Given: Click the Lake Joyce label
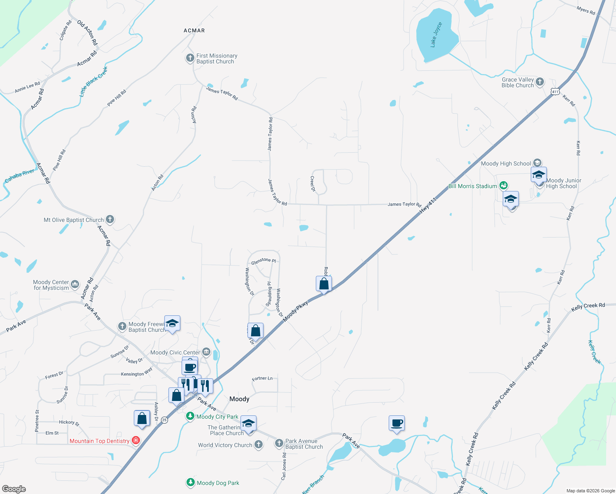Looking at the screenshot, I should tap(436, 35).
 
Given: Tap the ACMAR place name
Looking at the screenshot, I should tap(194, 30).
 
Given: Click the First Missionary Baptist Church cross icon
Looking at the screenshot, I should tap(190, 58).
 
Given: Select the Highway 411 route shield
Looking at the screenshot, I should tap(555, 91).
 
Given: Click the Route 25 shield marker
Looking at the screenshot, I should tap(164, 420).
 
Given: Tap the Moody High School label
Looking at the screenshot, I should tap(506, 163).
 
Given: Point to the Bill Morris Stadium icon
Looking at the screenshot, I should tap(503, 186).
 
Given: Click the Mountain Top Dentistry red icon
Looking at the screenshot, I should tap(135, 441).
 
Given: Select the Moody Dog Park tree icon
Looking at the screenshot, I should tap(190, 482).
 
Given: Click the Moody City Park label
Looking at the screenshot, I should tap(217, 417).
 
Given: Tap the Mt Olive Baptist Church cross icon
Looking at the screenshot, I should tap(110, 219).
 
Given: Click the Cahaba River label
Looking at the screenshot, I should tap(19, 176).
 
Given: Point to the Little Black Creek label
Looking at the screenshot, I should tap(93, 82).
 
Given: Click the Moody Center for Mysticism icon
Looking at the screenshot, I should tap(75, 284).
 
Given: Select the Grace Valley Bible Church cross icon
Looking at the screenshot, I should tap(540, 82).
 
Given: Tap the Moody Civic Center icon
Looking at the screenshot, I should tap(206, 352).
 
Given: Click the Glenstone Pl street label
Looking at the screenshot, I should tap(263, 261).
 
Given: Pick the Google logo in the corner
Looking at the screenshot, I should tap(14, 489).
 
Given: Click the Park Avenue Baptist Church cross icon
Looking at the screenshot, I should tap(279, 443).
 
